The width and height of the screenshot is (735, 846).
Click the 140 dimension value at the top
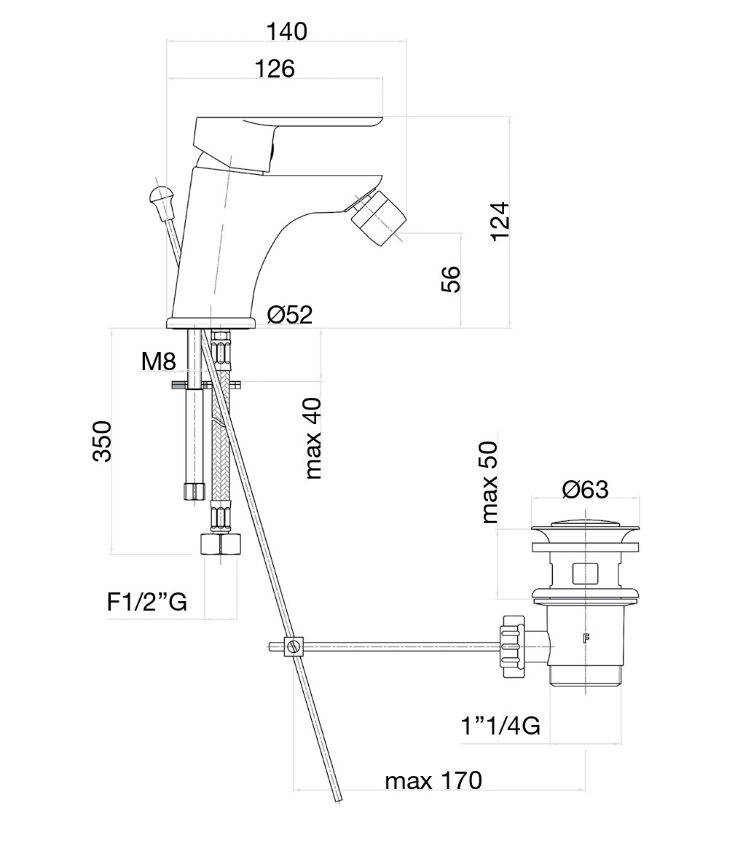click(286, 31)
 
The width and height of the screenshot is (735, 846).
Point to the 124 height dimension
click(500, 221)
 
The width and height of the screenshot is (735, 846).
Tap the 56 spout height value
click(451, 278)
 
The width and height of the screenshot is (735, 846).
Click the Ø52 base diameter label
click(289, 315)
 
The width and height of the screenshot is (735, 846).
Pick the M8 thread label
click(159, 361)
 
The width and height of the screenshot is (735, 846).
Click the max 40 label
click(313, 438)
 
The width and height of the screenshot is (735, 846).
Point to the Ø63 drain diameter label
click(585, 490)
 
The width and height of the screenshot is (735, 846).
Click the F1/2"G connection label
click(147, 602)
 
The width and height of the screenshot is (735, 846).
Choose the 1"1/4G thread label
click(500, 726)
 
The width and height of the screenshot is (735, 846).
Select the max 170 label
click(433, 781)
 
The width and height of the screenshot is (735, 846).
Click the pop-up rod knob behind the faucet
click(161, 197)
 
